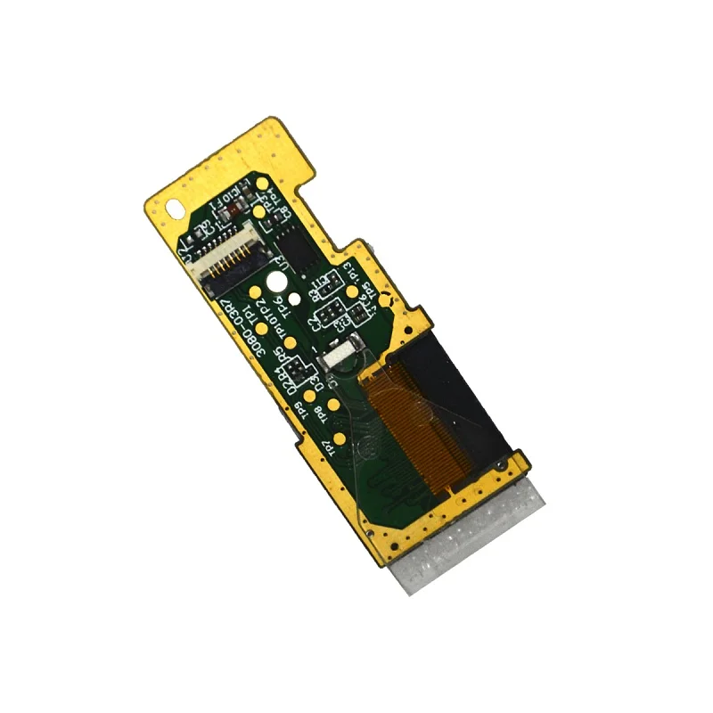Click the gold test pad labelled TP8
pyautogui.click(x=333, y=405)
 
